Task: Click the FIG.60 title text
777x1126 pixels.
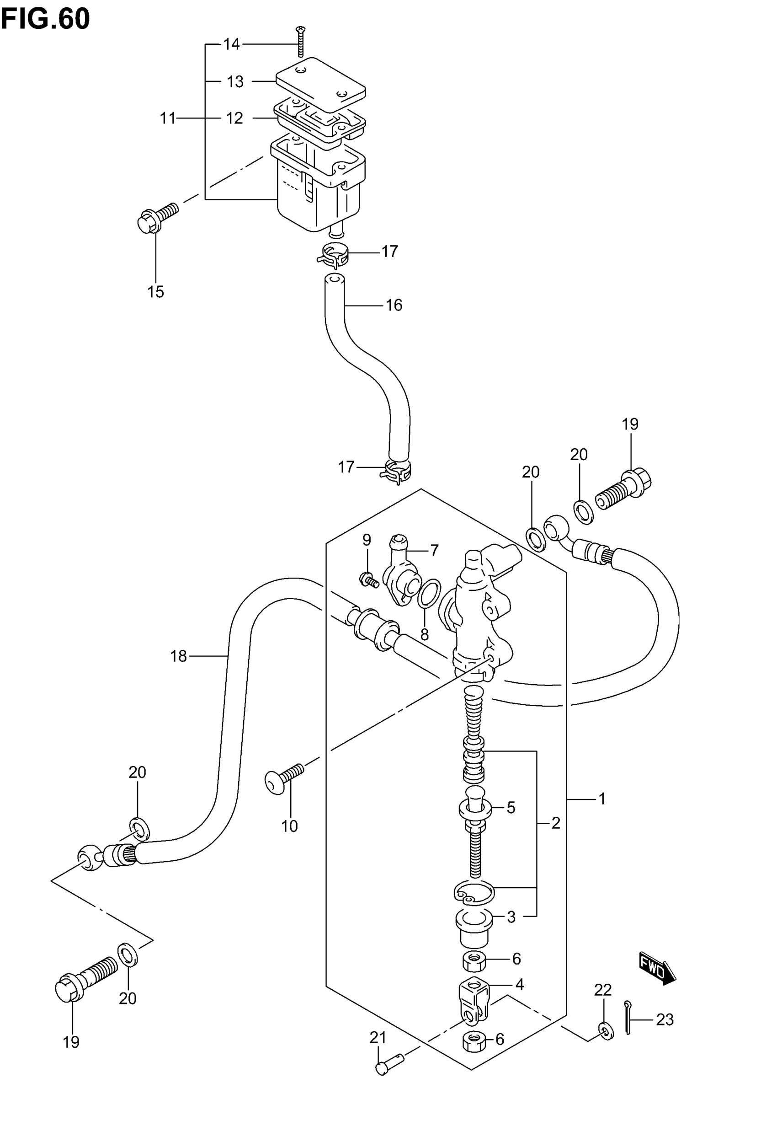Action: click(x=45, y=20)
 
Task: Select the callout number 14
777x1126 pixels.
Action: click(x=232, y=44)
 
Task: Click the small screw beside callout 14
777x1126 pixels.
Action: click(x=301, y=42)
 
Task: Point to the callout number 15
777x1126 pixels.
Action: click(x=156, y=292)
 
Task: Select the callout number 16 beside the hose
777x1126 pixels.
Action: click(x=394, y=306)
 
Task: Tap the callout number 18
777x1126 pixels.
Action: click(x=178, y=656)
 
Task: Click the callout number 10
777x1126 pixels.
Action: click(x=289, y=826)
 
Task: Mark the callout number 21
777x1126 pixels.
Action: click(x=378, y=1038)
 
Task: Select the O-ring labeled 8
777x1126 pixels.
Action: click(x=429, y=594)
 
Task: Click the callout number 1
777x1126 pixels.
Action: click(x=602, y=799)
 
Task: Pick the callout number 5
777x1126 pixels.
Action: click(x=511, y=808)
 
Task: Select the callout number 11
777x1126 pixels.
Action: click(x=168, y=118)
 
